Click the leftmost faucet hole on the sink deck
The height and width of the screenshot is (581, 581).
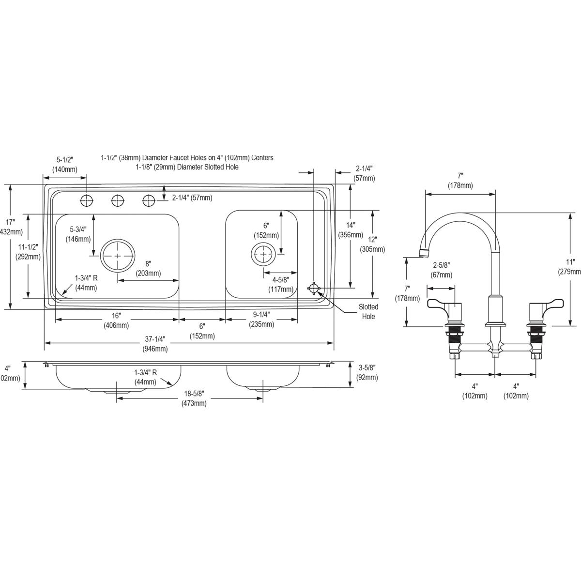pos(87,199)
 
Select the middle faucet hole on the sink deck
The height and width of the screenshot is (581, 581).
pos(118,199)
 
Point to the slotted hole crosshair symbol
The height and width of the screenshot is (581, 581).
pos(314,289)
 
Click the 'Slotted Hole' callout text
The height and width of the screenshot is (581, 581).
pos(368,311)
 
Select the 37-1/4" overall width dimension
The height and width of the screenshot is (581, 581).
pos(155,344)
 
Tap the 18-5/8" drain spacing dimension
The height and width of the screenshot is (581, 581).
pos(194,399)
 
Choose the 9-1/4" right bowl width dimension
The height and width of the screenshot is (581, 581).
pos(261,319)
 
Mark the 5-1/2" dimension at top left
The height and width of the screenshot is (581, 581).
pos(64,164)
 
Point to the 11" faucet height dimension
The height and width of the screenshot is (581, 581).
pos(571,267)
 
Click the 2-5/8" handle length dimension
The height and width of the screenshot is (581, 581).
pos(441,270)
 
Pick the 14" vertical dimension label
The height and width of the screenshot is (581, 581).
pos(351,230)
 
